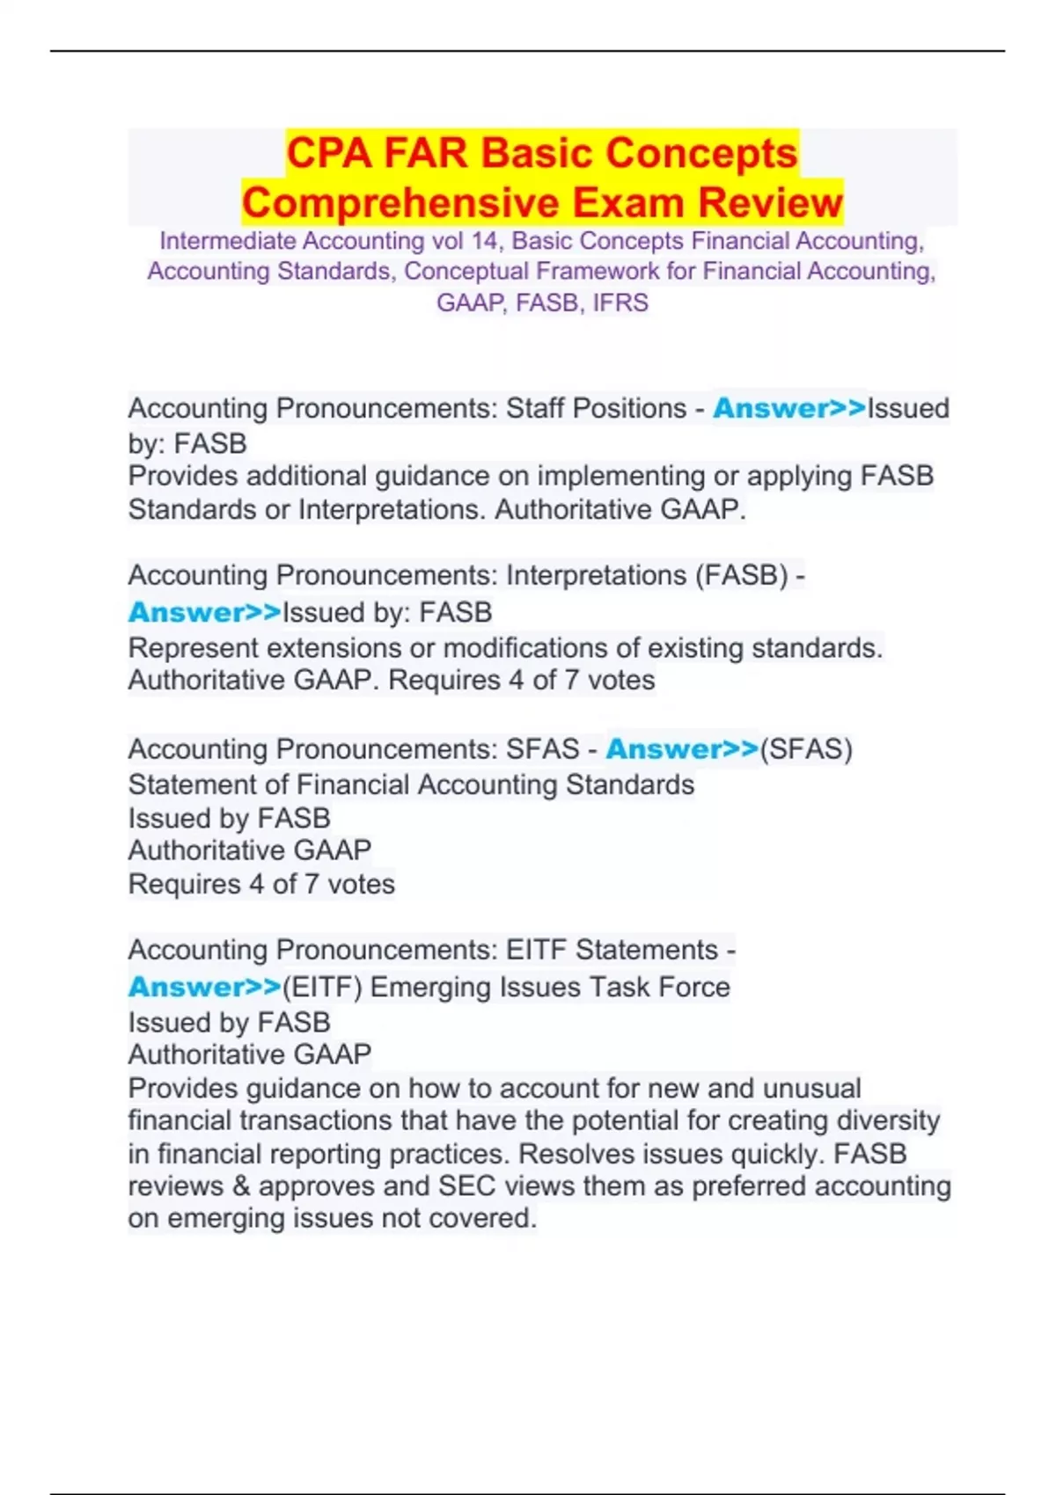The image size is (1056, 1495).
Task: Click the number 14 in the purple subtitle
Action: (484, 241)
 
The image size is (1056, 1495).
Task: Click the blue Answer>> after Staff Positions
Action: (788, 409)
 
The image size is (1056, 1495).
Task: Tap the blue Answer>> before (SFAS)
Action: (682, 749)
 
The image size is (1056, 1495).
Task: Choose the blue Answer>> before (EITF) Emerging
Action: (204, 988)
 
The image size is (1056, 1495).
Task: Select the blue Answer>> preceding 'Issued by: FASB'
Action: (204, 612)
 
